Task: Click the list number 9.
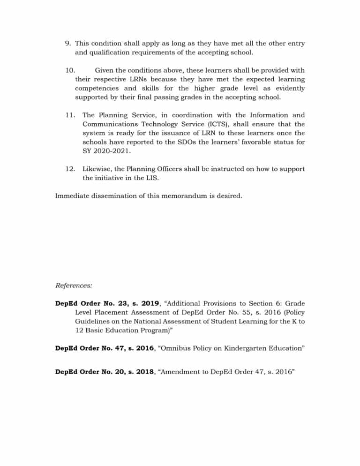68,43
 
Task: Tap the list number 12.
69,169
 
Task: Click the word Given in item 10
105,70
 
